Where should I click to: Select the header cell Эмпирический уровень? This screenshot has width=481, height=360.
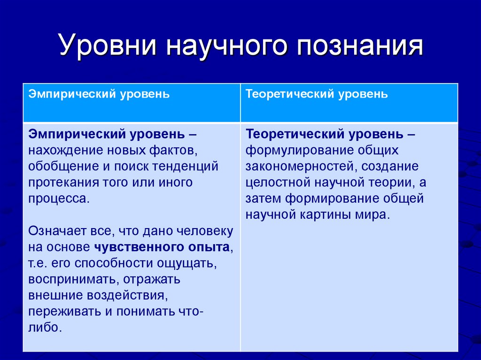[x=99, y=94]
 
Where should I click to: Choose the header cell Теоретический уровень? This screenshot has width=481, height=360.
[x=317, y=94]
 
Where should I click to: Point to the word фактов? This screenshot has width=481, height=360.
[x=169, y=151]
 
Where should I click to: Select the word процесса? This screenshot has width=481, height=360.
[x=58, y=198]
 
